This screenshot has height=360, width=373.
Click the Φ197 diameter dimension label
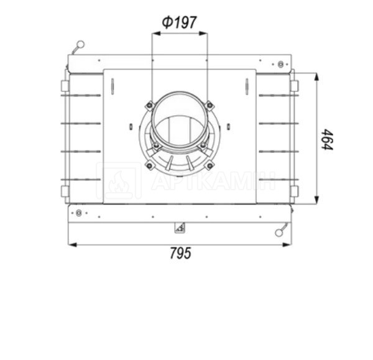[x=180, y=22]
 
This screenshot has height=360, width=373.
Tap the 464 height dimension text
[x=327, y=140]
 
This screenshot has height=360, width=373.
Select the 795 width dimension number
[x=180, y=253]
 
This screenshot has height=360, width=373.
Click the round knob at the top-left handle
[x=80, y=44]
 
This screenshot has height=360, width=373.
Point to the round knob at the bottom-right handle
[x=279, y=233]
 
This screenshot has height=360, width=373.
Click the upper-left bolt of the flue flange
[x=149, y=106]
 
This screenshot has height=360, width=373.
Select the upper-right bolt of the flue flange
[x=210, y=105]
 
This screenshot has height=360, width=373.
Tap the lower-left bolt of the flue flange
[x=149, y=165]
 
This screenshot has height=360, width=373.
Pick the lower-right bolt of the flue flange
[x=210, y=165]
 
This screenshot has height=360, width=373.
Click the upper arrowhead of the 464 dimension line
[x=316, y=76]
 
